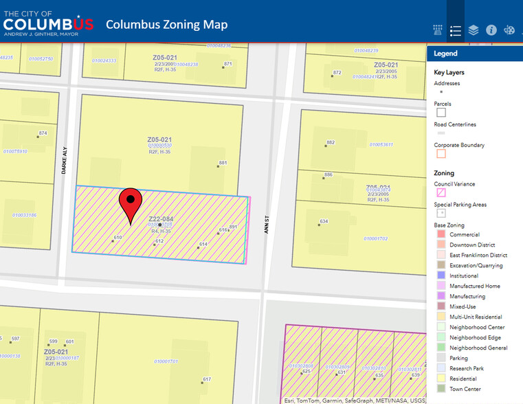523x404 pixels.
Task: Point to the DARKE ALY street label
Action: click(65, 160)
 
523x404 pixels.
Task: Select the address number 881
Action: click(223, 163)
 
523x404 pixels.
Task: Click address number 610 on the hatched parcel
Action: click(118, 238)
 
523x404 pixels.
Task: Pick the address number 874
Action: click(43, 133)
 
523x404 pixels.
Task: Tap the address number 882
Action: click(330, 142)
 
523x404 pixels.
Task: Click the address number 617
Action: click(206, 379)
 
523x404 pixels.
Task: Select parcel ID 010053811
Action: click(381, 145)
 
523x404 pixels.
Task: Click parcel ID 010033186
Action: click(24, 215)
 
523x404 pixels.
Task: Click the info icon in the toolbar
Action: click(491, 30)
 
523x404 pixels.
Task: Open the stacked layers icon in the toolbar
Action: click(474, 30)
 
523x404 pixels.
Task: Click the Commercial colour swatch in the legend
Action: click(441, 234)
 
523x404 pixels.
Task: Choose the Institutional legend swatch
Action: click(441, 276)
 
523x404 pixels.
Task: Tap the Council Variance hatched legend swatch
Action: click(441, 193)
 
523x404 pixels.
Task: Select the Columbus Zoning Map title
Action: click(166, 25)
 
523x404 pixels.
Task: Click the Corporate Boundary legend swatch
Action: click(441, 154)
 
